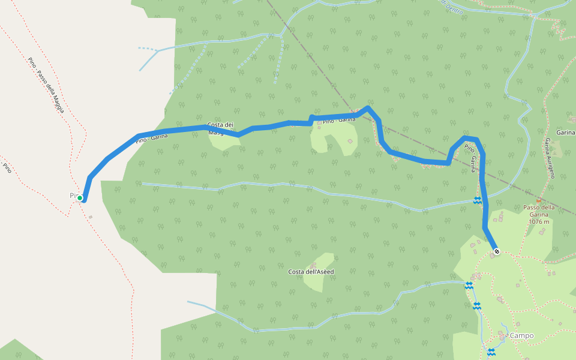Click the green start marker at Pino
(x=80, y=197)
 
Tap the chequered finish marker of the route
(x=496, y=251)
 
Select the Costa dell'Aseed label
(x=311, y=272)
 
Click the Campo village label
(x=521, y=336)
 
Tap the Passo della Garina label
(x=539, y=208)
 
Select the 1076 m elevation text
(x=539, y=221)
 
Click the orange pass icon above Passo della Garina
(x=538, y=200)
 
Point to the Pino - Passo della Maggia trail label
(x=46, y=87)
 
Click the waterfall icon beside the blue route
(x=478, y=200)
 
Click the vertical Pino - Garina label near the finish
(x=472, y=157)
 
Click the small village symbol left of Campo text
(x=505, y=335)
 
